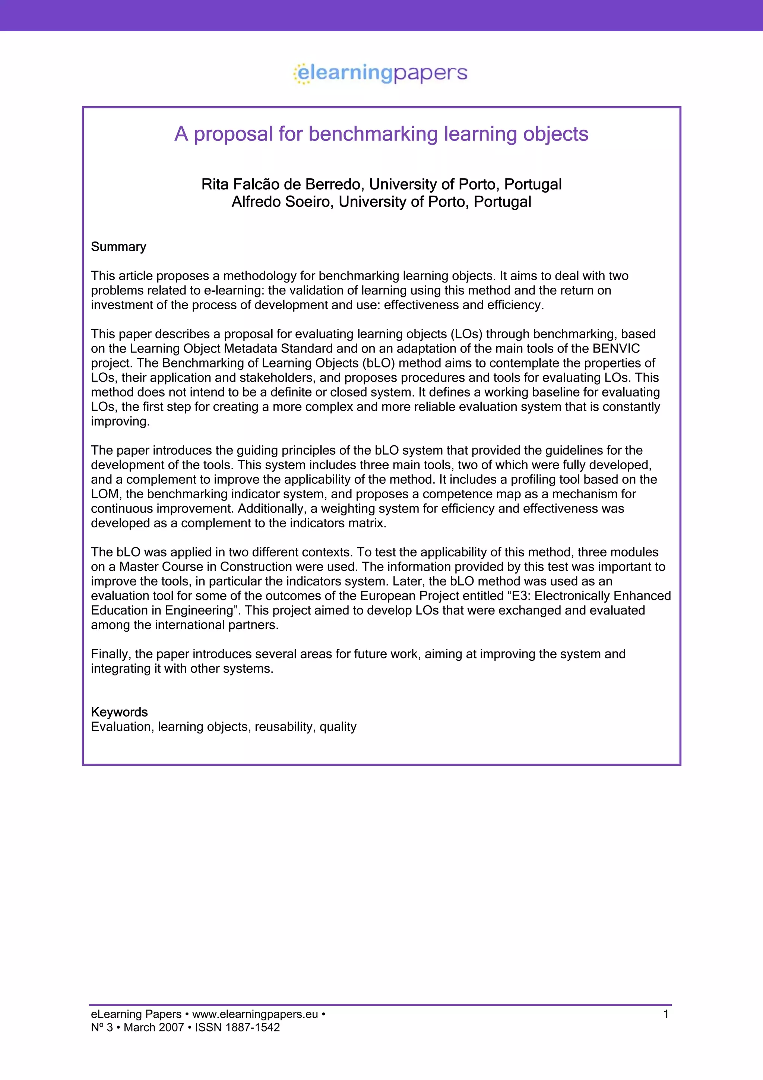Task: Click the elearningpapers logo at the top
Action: click(381, 73)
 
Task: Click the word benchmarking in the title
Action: click(373, 134)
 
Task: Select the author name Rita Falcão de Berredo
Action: click(282, 184)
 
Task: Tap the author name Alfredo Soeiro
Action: click(282, 202)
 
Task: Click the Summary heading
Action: click(118, 247)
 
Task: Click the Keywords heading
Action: click(120, 712)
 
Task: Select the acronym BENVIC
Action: click(616, 348)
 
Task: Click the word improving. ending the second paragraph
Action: click(120, 421)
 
